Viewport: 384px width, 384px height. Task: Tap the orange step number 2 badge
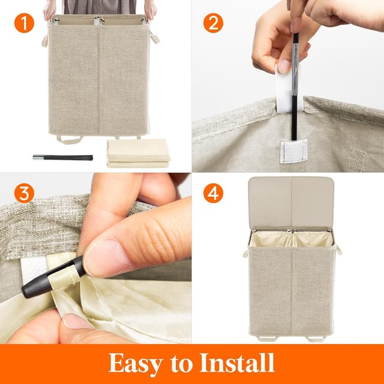click(x=213, y=23)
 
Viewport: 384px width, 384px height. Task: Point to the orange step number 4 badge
click(x=213, y=193)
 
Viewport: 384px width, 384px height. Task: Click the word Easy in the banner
click(x=139, y=363)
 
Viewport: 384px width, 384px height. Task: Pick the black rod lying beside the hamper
click(x=63, y=157)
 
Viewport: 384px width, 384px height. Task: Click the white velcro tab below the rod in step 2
click(x=295, y=150)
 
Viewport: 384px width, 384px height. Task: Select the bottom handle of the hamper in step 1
click(x=71, y=140)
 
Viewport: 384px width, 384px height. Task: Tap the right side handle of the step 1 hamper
click(x=155, y=39)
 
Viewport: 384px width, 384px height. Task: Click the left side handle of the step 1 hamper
click(x=44, y=41)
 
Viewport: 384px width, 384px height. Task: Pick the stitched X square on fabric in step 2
click(x=358, y=159)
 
